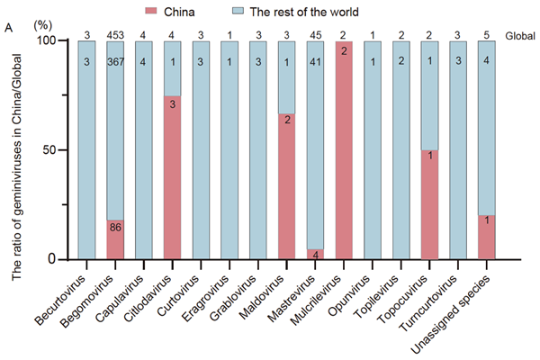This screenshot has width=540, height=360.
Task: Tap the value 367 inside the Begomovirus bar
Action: pos(114,61)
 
